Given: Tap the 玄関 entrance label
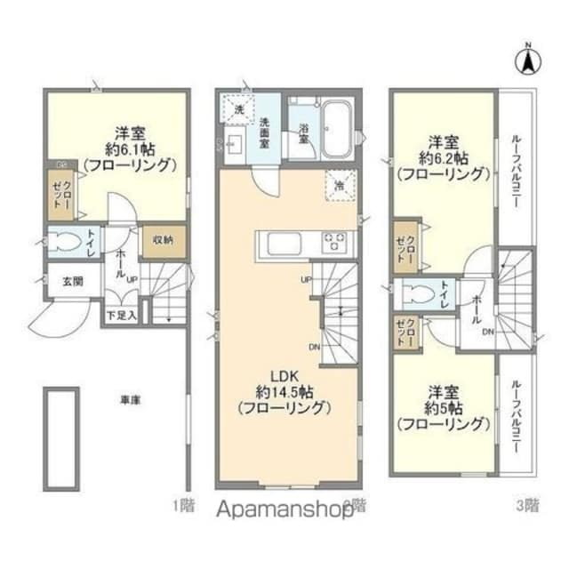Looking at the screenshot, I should pos(72,282).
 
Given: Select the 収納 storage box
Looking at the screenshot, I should pos(162,240).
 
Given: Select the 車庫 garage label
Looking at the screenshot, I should pos(130,399).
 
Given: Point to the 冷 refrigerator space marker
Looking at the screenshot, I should pos(339,186).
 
